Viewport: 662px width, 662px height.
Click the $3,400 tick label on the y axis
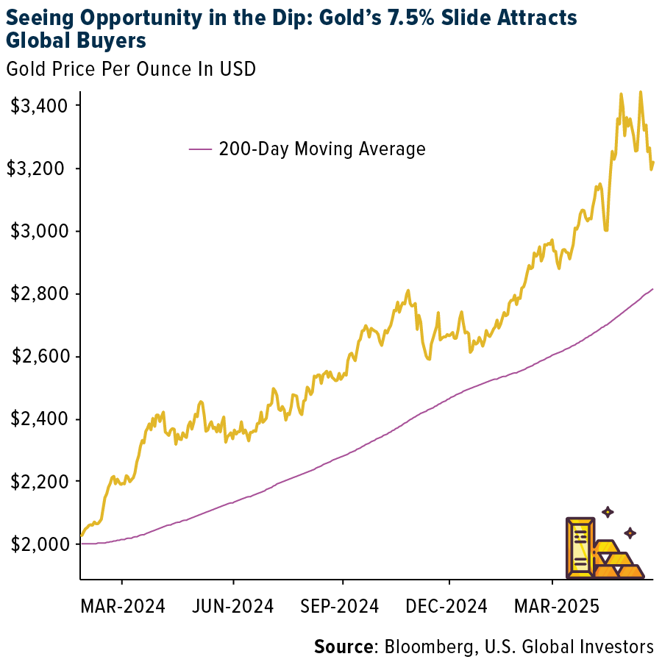pos(38,106)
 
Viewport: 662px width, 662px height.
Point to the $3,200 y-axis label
pos(38,168)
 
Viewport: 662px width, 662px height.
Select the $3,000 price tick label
pos(38,231)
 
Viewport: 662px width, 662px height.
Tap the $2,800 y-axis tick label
pos(38,293)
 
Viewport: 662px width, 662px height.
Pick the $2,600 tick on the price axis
pos(38,357)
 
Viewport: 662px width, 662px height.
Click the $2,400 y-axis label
pos(38,419)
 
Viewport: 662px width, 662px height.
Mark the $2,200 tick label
pos(38,482)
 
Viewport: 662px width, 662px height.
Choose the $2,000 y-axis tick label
pos(38,544)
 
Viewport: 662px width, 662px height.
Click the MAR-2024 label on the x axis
pos(124,606)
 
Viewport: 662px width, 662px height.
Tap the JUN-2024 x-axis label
pos(233,606)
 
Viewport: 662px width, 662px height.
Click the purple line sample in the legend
pos(200,149)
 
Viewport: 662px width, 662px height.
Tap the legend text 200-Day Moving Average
pos(322,149)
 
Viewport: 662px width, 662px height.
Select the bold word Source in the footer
pos(344,647)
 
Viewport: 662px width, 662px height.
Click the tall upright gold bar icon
pos(580,547)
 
